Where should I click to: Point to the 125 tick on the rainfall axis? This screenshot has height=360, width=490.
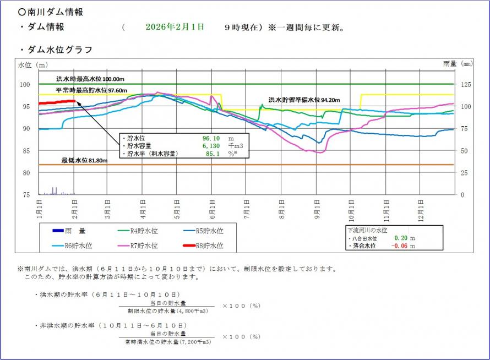coord(465,84)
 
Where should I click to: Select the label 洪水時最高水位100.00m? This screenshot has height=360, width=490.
coord(90,79)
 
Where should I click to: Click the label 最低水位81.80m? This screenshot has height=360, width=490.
coord(84,160)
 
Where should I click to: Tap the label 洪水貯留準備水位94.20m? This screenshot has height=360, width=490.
coord(304,100)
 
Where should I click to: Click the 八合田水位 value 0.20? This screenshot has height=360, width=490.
coord(400,238)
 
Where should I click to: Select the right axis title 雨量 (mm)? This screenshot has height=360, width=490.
coord(458,64)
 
